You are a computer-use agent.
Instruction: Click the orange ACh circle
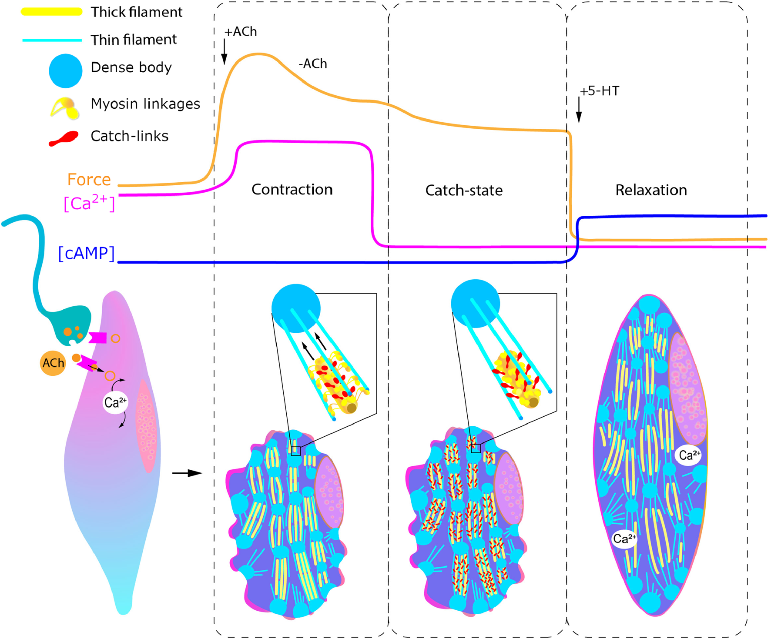(x=53, y=363)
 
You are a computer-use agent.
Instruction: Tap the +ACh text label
(x=241, y=32)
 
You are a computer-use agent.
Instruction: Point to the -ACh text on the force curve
(x=312, y=64)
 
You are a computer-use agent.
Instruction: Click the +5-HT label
(x=599, y=91)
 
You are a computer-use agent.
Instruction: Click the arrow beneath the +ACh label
(x=224, y=52)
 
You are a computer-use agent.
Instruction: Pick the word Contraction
(x=292, y=190)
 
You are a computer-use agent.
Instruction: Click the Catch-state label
(x=464, y=191)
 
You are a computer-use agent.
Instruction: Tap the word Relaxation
(x=651, y=190)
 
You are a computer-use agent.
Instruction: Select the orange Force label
(x=89, y=179)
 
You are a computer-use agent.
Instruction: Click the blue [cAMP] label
(x=86, y=253)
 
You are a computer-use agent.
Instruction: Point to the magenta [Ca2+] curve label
(x=89, y=203)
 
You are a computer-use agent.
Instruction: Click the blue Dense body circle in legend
(x=65, y=70)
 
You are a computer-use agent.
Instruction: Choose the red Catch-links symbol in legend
(x=64, y=138)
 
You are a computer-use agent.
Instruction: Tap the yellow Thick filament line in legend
(x=51, y=12)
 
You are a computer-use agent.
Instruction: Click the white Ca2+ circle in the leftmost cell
(x=115, y=402)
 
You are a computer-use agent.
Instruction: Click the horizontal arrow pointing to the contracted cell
(x=187, y=473)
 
